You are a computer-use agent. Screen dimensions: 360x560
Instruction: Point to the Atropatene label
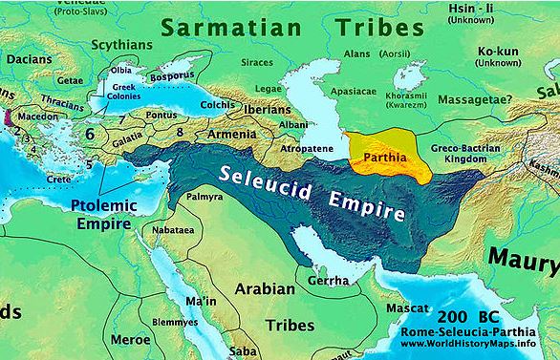pyautogui.click(x=306, y=151)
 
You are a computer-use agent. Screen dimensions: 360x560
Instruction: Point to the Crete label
pyautogui.click(x=60, y=179)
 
